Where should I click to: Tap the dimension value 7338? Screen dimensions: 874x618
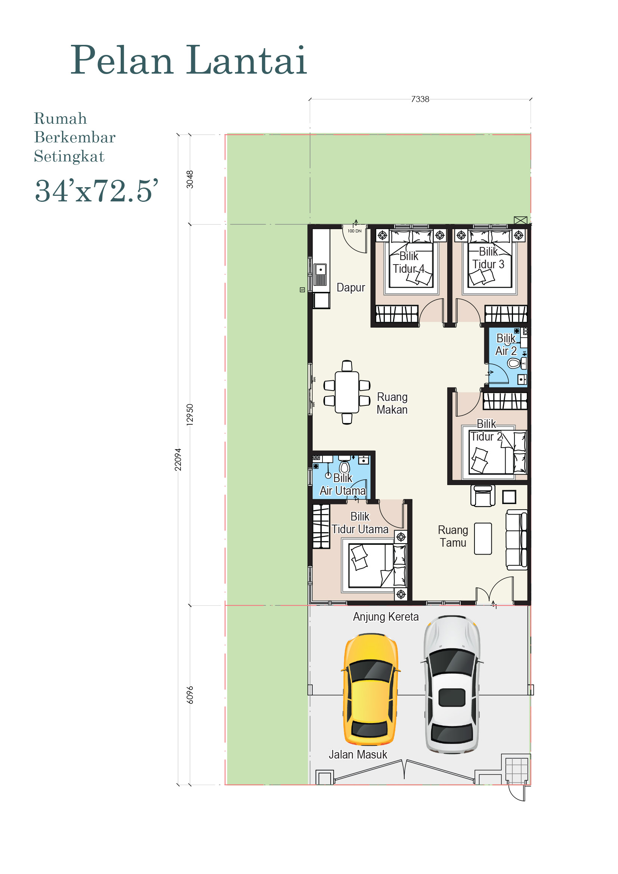[420, 99]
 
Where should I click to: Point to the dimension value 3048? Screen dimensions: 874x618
[189, 179]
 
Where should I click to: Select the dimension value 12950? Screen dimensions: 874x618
[189, 414]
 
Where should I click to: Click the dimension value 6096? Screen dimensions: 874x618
[189, 695]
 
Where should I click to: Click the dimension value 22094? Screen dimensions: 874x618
[178, 460]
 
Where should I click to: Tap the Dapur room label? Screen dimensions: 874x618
[350, 288]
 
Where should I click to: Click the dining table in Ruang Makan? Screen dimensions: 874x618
[347, 392]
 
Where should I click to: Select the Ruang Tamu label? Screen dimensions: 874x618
[453, 536]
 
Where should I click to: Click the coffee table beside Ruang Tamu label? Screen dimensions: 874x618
[483, 539]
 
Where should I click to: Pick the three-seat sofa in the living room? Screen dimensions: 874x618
[516, 540]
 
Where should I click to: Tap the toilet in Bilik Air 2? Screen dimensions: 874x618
[514, 364]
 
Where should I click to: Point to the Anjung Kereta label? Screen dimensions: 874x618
[386, 617]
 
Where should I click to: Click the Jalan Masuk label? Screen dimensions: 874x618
[358, 754]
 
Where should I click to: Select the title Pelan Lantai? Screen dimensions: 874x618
[189, 60]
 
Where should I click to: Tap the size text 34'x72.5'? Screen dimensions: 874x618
[96, 191]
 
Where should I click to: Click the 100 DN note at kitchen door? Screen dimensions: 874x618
[354, 231]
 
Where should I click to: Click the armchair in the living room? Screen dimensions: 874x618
[482, 496]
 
